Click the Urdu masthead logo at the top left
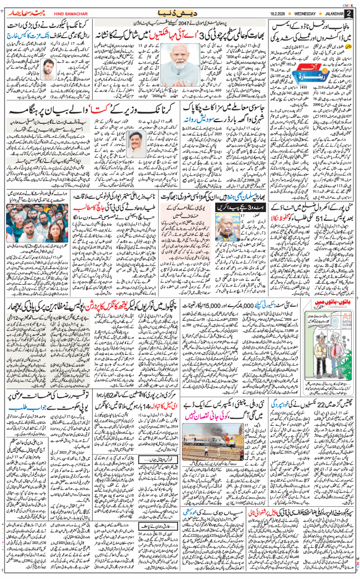(22, 12)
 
